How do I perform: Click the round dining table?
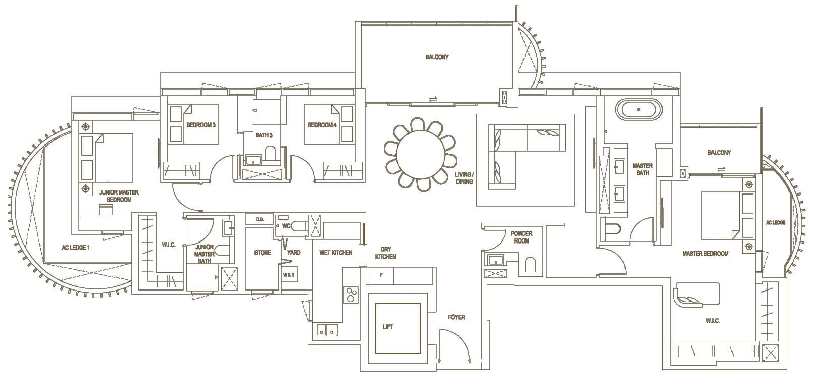(422, 154)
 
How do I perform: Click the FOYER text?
(456, 317)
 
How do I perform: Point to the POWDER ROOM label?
(521, 237)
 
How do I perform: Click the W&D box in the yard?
(289, 275)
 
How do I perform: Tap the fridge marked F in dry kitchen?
(381, 275)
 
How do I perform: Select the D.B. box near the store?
(260, 219)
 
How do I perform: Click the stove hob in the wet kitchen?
(350, 295)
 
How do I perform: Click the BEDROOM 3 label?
(201, 125)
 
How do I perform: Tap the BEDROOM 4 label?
(322, 125)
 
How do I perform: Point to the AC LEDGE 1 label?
(75, 248)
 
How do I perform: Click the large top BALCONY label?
(436, 57)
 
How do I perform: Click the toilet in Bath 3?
(271, 153)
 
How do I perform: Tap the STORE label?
(263, 253)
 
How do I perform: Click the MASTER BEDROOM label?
(705, 254)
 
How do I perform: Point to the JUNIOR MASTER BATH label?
(205, 254)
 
